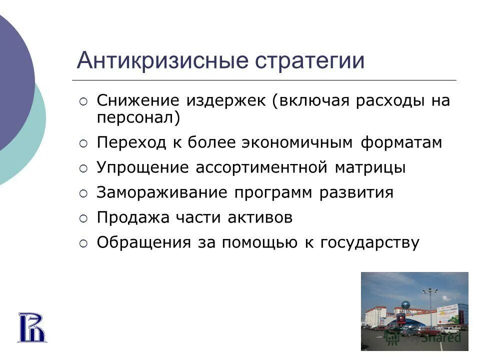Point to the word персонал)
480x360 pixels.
[137, 118]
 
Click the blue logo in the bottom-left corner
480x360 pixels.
[32, 327]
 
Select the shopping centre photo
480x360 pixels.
[414, 311]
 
